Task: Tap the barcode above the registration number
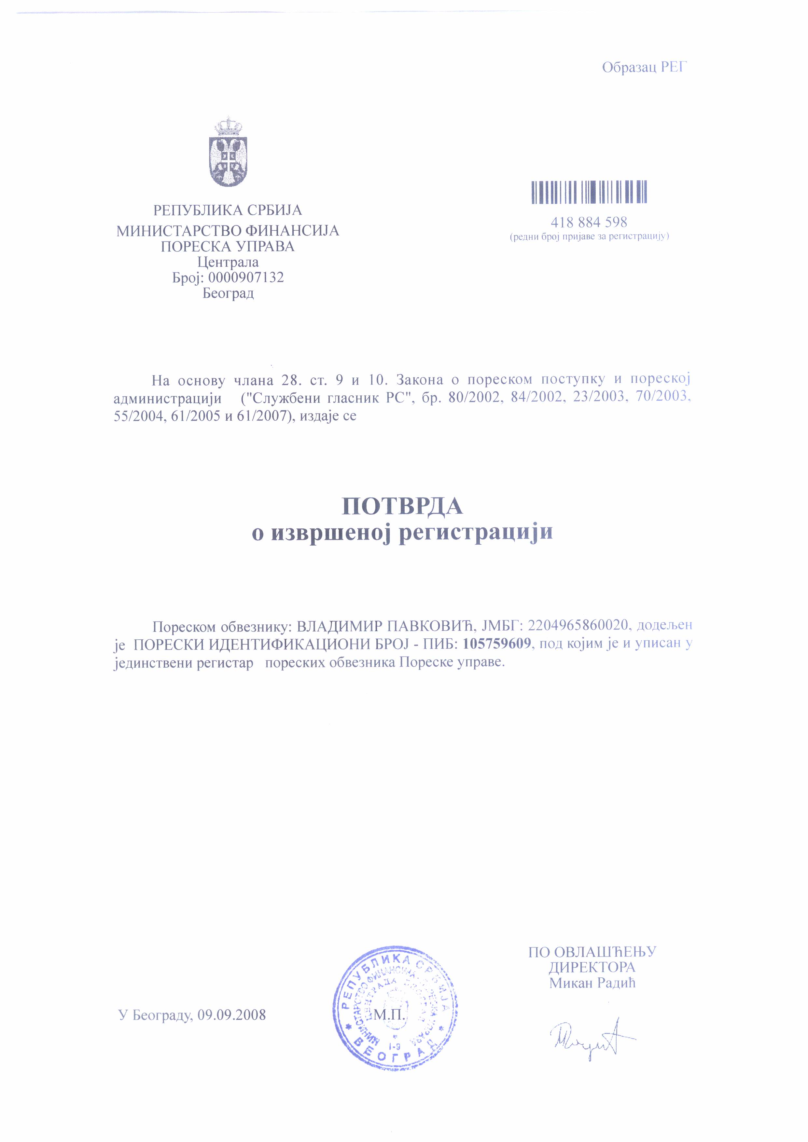589,192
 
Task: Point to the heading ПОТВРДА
402,506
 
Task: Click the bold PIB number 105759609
496,643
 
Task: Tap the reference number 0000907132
246,278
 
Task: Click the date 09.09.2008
231,1015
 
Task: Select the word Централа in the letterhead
228,262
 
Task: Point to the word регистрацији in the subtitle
476,532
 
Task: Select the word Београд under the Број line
228,293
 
